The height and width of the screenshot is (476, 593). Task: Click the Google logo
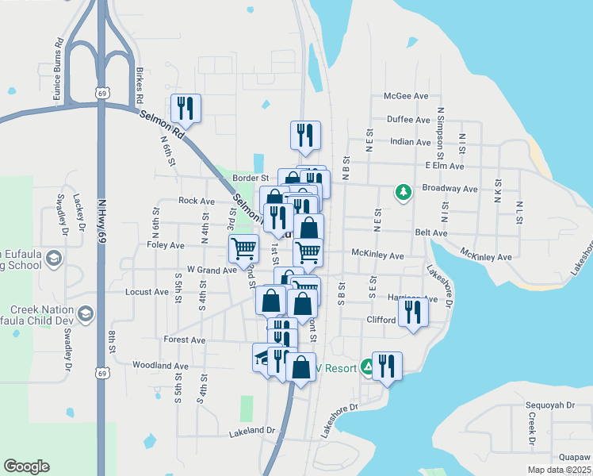click(26, 466)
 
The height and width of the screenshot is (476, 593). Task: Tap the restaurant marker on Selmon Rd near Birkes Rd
click(186, 109)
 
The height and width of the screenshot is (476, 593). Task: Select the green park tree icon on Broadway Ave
click(404, 192)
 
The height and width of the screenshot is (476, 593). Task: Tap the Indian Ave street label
click(410, 142)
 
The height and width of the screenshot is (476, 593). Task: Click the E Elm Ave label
click(444, 166)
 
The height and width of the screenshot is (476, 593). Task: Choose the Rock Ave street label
click(197, 202)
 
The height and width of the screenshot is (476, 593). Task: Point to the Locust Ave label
click(147, 292)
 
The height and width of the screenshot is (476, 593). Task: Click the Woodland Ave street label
click(160, 366)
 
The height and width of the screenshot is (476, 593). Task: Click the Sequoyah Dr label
click(549, 405)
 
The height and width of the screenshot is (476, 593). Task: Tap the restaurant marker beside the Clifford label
click(413, 310)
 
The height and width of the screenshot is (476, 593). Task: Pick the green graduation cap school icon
click(54, 259)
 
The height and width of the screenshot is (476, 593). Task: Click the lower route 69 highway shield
click(101, 372)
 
